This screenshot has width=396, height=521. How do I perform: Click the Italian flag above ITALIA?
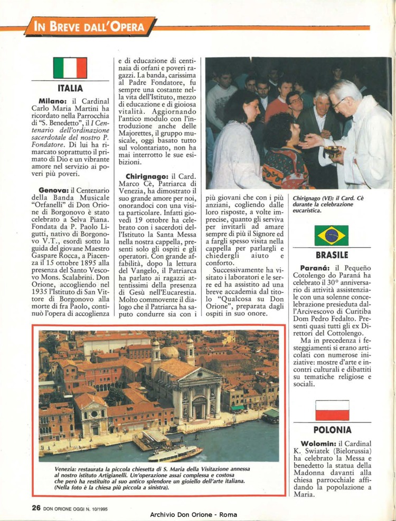coord(70,68)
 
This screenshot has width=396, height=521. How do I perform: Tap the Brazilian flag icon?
coord(331,235)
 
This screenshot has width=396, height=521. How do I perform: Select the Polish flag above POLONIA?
coord(332,410)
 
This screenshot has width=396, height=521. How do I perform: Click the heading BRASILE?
coord(332,255)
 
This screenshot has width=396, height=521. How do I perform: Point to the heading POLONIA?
coord(332,430)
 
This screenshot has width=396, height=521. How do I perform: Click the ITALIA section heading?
coord(70,88)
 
